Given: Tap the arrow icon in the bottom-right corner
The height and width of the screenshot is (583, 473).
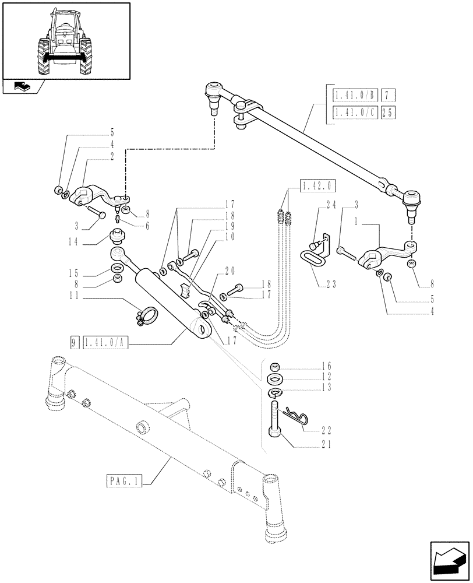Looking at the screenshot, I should point(449,559).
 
